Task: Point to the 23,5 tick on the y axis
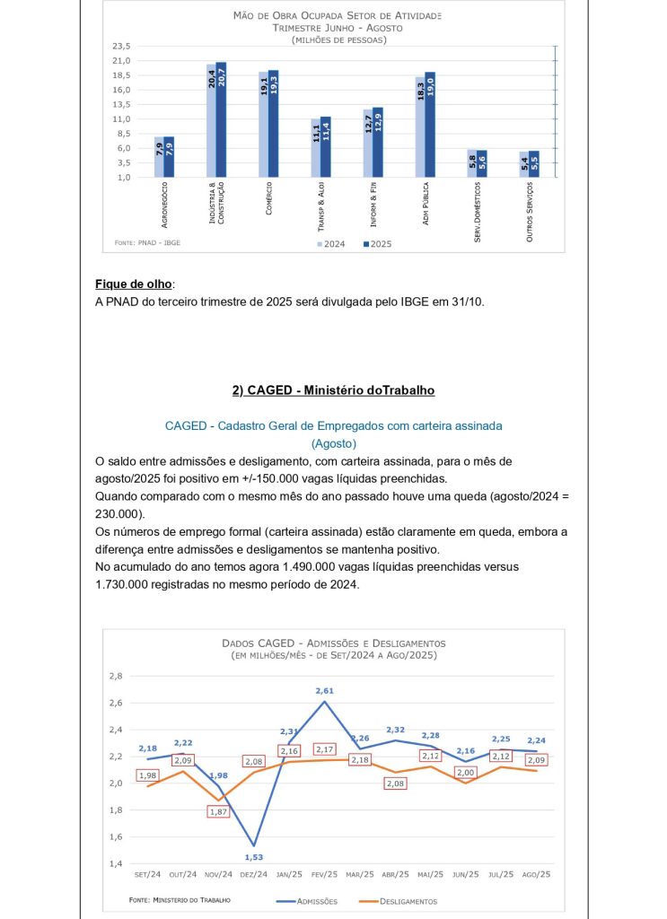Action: tap(121, 46)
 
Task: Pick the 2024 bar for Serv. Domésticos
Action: tap(472, 163)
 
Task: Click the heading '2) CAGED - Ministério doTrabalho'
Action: tap(333, 390)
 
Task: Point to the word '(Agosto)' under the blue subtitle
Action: tap(333, 443)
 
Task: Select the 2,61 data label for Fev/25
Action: tap(324, 690)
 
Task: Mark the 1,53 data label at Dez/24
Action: tap(255, 856)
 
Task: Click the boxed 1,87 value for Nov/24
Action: tap(216, 811)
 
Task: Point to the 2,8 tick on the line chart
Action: tap(115, 676)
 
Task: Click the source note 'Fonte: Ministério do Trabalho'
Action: tap(180, 899)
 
